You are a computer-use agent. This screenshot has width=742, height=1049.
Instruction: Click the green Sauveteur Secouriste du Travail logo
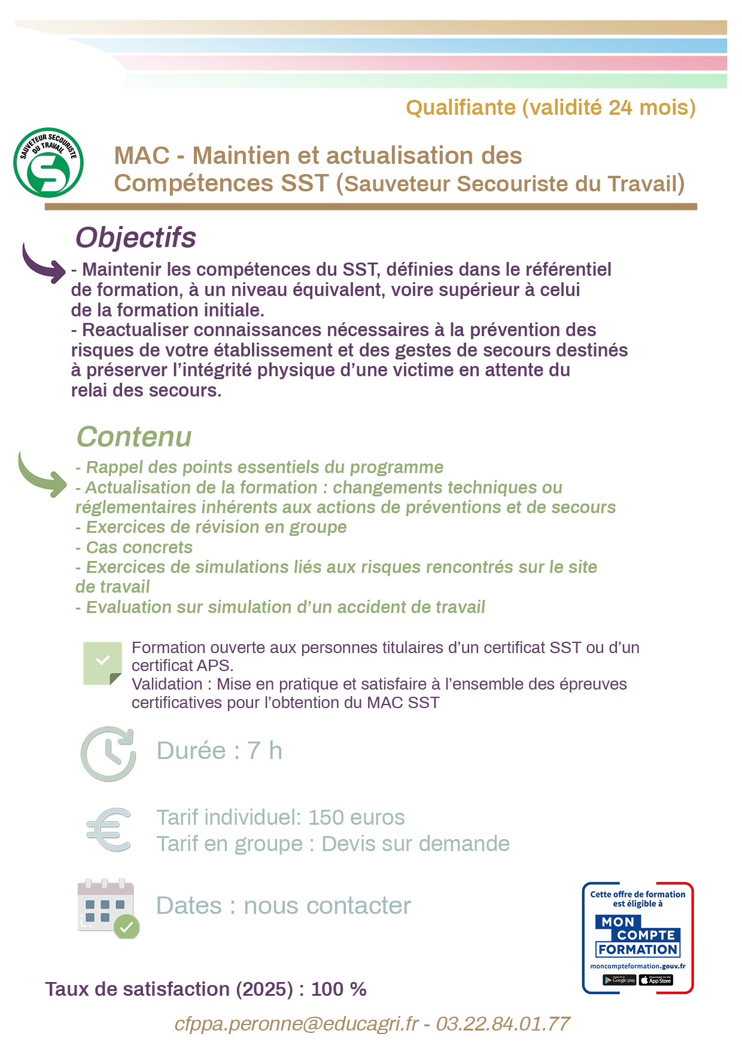coord(48,163)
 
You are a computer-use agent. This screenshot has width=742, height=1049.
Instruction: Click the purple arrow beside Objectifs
coord(43,264)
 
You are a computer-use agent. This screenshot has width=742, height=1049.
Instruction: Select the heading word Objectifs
coord(135,237)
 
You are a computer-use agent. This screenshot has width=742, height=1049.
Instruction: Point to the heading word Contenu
coord(134,437)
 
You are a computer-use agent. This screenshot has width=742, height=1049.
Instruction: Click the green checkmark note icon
coord(102,663)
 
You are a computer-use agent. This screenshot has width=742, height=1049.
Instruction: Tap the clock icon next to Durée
coord(108,754)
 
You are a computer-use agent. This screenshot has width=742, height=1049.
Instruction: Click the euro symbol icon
coord(109,830)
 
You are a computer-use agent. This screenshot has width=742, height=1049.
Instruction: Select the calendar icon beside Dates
coord(108,908)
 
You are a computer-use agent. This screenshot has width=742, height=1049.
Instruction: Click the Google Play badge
coord(619,980)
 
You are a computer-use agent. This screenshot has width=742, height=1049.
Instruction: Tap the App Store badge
coord(656,980)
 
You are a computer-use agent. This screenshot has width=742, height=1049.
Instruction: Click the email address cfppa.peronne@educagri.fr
coord(296,1023)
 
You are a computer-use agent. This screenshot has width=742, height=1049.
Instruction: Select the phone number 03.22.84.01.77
coord(503,1023)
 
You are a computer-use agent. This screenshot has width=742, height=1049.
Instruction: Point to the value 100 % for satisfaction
coord(339,989)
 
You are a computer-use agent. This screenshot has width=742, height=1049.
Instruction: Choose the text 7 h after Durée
coord(264,751)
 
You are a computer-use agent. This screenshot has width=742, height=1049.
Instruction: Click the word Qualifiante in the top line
coord(461,108)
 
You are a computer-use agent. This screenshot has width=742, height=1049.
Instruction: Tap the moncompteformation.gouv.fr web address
coord(637,966)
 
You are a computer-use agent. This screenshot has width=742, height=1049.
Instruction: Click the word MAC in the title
coord(142,155)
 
